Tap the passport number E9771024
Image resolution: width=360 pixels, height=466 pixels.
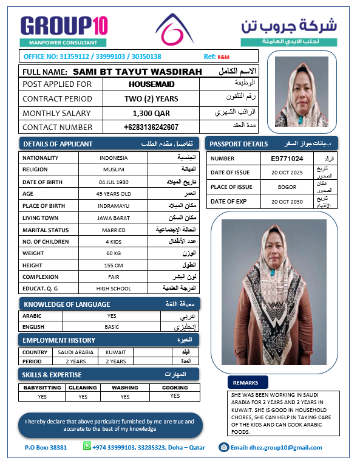(x=287, y=159)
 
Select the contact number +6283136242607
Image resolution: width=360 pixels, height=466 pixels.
(x=151, y=127)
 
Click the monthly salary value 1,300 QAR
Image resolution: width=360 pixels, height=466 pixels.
(x=151, y=113)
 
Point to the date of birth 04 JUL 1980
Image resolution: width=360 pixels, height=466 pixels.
(x=113, y=182)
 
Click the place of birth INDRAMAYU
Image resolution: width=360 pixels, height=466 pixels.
(x=113, y=205)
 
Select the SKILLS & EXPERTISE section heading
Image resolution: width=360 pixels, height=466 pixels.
(x=52, y=375)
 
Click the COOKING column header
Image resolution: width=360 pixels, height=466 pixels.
(x=175, y=388)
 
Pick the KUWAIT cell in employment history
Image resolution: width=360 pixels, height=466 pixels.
(x=115, y=352)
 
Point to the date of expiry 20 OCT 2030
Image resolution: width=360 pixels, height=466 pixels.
(x=287, y=201)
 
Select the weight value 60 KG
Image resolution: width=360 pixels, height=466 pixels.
(x=113, y=253)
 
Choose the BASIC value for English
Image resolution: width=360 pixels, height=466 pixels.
(x=112, y=326)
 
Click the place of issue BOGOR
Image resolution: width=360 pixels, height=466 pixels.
(x=287, y=187)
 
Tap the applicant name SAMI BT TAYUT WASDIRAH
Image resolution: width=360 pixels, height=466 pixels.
(x=137, y=71)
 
